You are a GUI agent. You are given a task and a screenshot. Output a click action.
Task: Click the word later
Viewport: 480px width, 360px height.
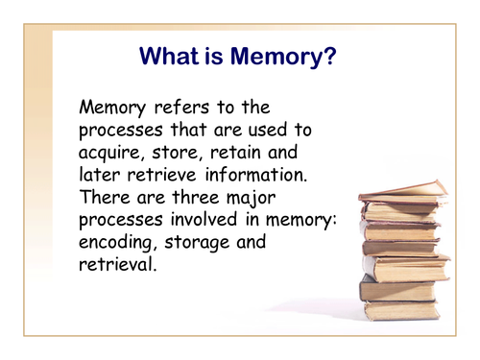[101, 175]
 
